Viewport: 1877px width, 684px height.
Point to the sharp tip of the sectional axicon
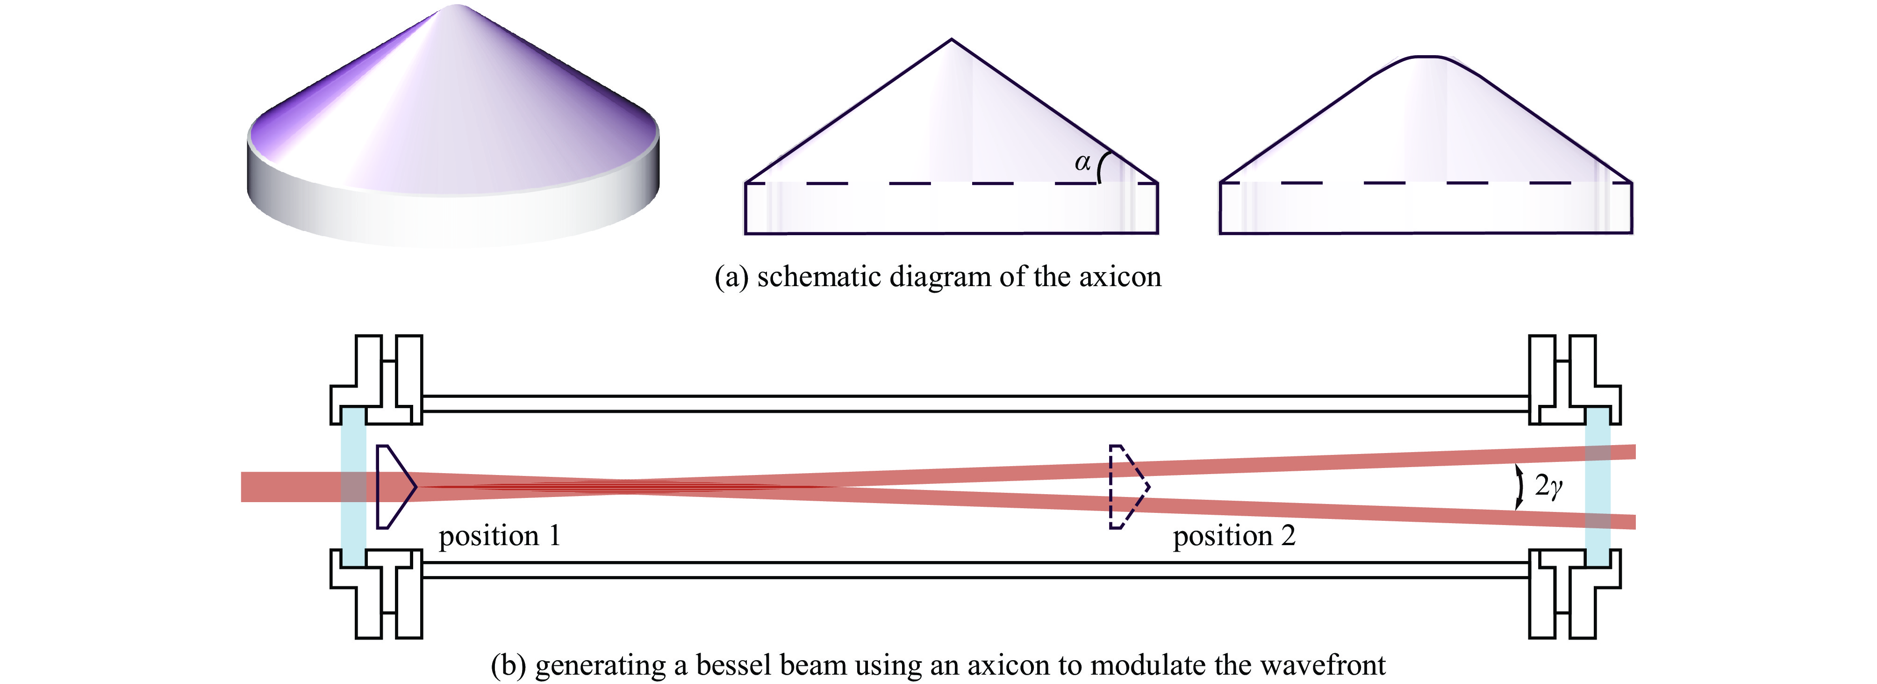(951, 41)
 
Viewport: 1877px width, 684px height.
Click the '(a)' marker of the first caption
(731, 278)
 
